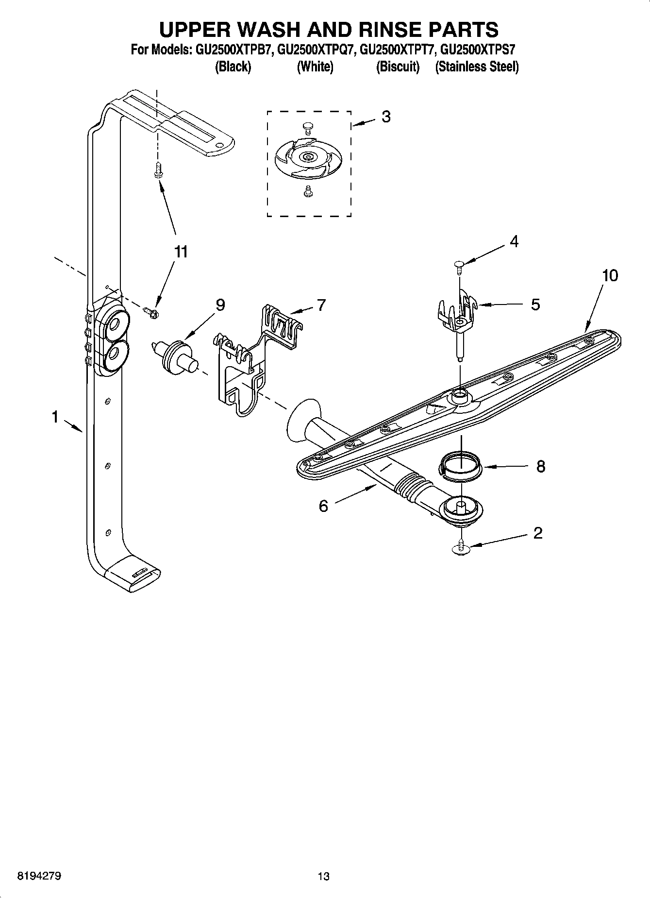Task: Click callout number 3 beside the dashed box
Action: [x=386, y=117]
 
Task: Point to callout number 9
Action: [x=220, y=305]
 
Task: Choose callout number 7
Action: [x=321, y=305]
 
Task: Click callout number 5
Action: [x=535, y=305]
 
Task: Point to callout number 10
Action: [x=610, y=275]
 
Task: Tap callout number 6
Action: [x=323, y=506]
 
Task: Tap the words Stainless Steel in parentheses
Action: [x=477, y=67]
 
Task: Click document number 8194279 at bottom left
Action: [x=39, y=876]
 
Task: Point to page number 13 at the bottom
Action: [x=323, y=876]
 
